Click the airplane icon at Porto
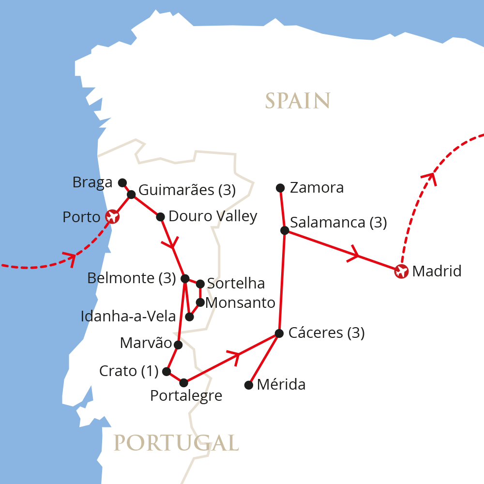[x=112, y=216]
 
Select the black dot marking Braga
[x=122, y=182]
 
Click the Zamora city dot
[x=280, y=188]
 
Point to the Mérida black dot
[x=249, y=385]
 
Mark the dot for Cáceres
[x=279, y=333]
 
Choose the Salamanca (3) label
[x=338, y=223]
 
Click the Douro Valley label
[x=212, y=216]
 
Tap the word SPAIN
[x=298, y=101]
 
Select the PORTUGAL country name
[x=176, y=442]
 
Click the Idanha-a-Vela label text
[x=128, y=317]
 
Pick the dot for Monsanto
[x=200, y=302]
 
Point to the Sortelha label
[x=236, y=283]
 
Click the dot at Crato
[x=166, y=371]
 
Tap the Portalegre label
[x=186, y=396]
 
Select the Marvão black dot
[x=178, y=345]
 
